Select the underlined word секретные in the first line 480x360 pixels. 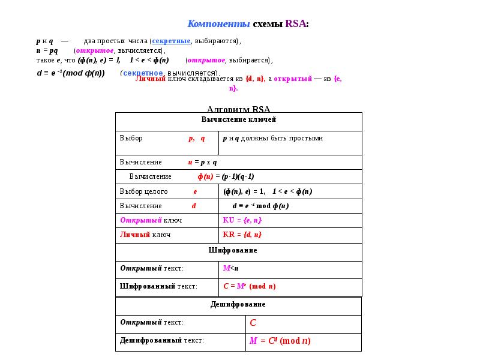pos(171,41)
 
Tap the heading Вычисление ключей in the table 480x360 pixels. pos(238,119)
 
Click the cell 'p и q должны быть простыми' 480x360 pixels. pos(273,138)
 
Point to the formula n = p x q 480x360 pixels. pos(202,162)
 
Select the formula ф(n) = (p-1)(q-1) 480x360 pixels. pos(226,176)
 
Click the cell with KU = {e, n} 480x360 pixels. pos(242,220)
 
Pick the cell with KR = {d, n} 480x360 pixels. pos(242,235)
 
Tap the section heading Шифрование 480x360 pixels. pos(238,250)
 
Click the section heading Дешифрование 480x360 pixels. pos(238,304)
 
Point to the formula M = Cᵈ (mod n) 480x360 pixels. pos(280,341)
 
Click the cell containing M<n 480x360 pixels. pos(230,268)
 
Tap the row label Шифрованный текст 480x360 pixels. pos(158,286)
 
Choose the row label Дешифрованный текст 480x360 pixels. pos(162,340)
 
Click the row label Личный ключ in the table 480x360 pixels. pos(145,235)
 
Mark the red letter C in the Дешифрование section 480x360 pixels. pos(253,323)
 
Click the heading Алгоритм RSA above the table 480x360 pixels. pos(238,109)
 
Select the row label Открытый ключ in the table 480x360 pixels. pos(151,220)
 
